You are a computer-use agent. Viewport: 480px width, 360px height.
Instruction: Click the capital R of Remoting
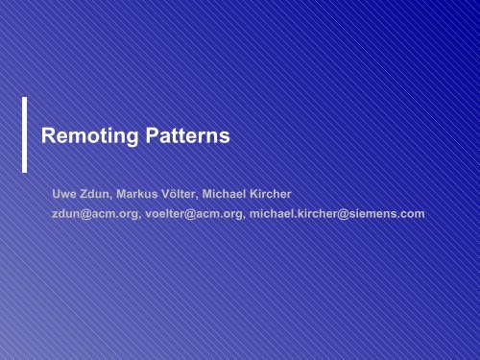click(x=51, y=137)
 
